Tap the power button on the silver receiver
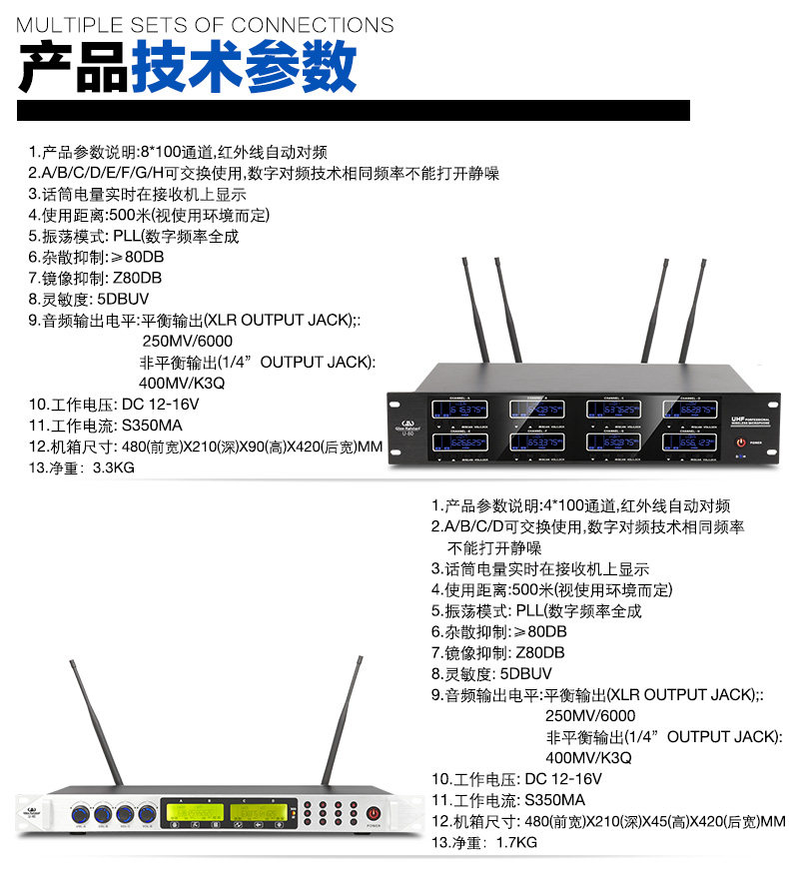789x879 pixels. (x=373, y=813)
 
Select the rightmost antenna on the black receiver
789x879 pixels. (x=700, y=310)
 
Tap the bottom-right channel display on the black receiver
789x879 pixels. (x=688, y=440)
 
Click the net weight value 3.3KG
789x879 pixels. (x=113, y=465)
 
